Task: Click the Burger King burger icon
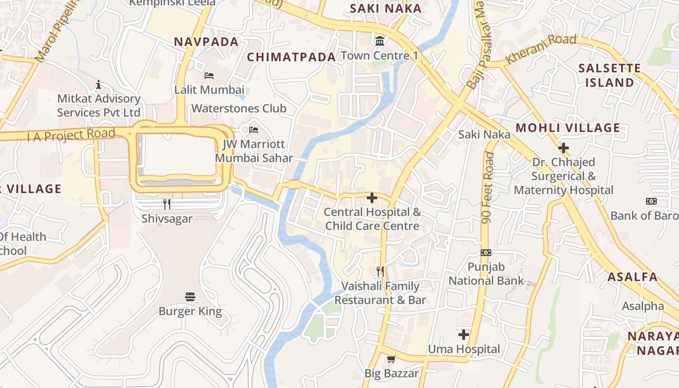[x=190, y=296]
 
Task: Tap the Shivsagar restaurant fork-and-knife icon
[x=167, y=204]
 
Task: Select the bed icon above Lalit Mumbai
[x=209, y=76]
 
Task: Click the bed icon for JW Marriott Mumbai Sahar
[x=254, y=129]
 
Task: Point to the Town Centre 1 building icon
[x=379, y=40]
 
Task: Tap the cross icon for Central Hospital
[x=372, y=198]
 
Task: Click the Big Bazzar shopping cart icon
[x=391, y=359]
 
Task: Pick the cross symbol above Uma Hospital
[x=464, y=334]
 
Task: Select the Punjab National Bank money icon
[x=486, y=252]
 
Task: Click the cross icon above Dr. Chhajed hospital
[x=563, y=147]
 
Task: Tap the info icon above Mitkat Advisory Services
[x=98, y=85]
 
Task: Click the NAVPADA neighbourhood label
[x=207, y=42]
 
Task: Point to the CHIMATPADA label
[x=291, y=57]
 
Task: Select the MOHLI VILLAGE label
[x=567, y=128]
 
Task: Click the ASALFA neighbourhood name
[x=633, y=277]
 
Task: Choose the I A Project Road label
[x=71, y=135]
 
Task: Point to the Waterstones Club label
[x=239, y=108]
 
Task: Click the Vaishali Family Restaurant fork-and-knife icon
[x=380, y=271]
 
